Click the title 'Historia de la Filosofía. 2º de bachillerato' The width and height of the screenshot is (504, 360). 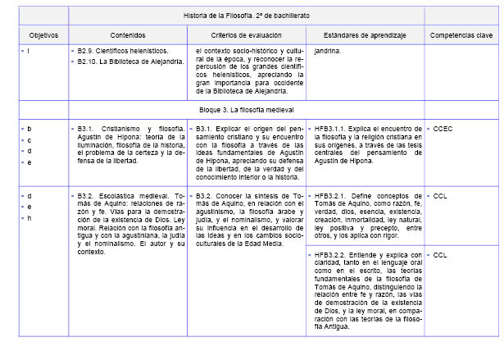[247, 16]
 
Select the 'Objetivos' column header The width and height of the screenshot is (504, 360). [35, 35]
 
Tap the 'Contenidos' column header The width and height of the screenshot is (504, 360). [127, 35]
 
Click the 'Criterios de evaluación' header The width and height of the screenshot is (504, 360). [246, 35]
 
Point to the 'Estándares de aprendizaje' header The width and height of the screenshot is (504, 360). [364, 35]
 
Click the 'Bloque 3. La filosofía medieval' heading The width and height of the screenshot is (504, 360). [247, 109]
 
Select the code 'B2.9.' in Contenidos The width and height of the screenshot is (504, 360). [87, 51]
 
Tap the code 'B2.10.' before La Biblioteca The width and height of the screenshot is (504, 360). [89, 59]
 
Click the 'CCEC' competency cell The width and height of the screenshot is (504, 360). [444, 129]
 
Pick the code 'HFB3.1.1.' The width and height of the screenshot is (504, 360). [331, 129]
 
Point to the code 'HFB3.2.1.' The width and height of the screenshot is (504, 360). [331, 196]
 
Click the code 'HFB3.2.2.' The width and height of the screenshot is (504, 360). [331, 255]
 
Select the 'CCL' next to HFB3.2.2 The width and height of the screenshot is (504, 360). [441, 255]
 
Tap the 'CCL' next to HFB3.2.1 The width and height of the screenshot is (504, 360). [441, 196]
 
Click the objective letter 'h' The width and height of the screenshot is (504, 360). [30, 217]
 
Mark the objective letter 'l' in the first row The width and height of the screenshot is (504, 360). [29, 51]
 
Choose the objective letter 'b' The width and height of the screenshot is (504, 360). [30, 129]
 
